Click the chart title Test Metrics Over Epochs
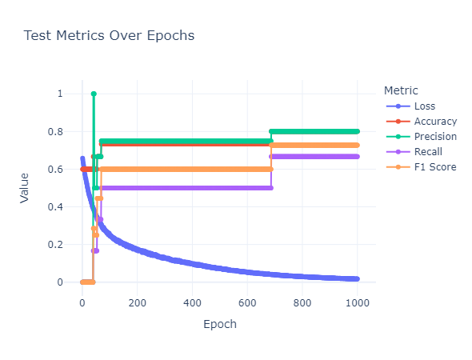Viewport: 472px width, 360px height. click(109, 35)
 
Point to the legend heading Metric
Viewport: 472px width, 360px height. click(401, 90)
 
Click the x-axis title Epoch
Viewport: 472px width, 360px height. click(220, 325)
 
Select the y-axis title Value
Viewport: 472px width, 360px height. click(24, 188)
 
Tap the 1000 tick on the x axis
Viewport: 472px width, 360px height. click(358, 303)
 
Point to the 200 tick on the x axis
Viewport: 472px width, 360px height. click(138, 303)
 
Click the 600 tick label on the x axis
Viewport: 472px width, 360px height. click(247, 303)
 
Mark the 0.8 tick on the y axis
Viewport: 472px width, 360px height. click(55, 131)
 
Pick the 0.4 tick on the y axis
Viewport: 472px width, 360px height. click(55, 206)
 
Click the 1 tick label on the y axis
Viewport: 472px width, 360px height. click(60, 94)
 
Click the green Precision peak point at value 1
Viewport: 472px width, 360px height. click(94, 94)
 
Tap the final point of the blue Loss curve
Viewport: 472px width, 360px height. click(358, 279)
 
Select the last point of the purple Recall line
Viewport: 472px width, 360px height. click(358, 157)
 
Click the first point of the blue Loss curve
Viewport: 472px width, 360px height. click(82, 158)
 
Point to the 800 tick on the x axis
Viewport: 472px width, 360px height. click(302, 303)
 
